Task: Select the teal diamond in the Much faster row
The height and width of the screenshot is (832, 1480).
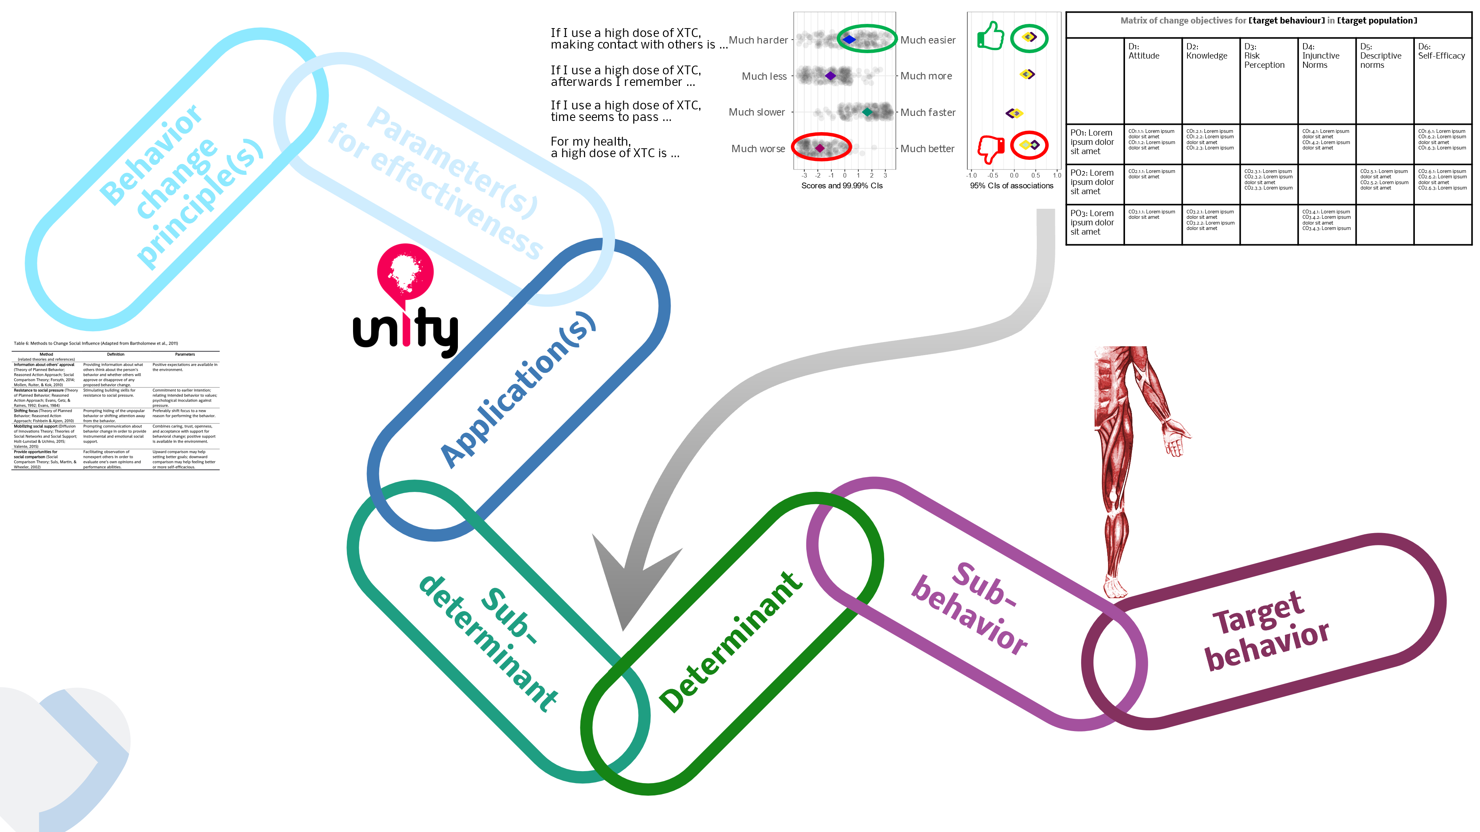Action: [x=867, y=112]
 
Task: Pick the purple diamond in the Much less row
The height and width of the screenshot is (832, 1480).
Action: [x=830, y=76]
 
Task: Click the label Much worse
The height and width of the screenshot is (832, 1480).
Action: [x=758, y=149]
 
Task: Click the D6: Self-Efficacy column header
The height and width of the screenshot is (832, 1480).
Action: [x=1441, y=52]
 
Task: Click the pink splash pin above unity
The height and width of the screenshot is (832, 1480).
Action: [x=405, y=270]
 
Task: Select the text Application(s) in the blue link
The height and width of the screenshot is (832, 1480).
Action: [x=518, y=391]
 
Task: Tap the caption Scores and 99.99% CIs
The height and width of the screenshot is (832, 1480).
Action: [x=842, y=185]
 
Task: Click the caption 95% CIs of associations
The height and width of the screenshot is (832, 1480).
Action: [x=1011, y=185]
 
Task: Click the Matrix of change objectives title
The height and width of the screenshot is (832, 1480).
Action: [x=1268, y=21]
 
